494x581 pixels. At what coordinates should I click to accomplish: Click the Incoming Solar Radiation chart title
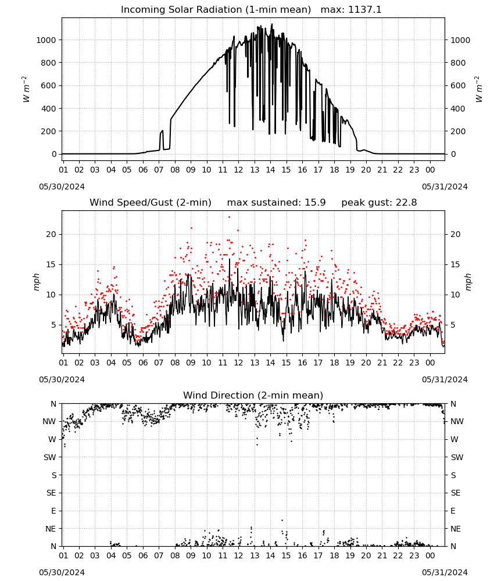(x=216, y=10)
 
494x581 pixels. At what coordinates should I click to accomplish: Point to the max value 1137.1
(x=364, y=10)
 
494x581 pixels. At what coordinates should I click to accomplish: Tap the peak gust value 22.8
(x=406, y=203)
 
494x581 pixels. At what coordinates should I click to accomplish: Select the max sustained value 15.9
(x=315, y=203)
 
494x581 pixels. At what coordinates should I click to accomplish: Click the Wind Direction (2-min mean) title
(x=253, y=395)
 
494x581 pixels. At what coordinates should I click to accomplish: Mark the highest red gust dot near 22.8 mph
(x=229, y=217)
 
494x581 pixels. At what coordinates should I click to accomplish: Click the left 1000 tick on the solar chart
(x=46, y=40)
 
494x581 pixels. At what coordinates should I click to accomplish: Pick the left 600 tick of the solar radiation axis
(x=49, y=85)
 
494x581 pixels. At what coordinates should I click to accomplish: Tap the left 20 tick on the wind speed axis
(x=51, y=234)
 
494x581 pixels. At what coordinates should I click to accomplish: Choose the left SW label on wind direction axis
(x=49, y=457)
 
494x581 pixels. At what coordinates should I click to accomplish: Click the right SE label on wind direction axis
(x=456, y=493)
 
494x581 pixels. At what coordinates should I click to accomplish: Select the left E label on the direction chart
(x=53, y=511)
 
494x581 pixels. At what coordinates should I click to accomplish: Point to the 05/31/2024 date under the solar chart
(x=445, y=187)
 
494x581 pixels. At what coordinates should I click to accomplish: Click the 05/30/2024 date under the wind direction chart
(x=62, y=572)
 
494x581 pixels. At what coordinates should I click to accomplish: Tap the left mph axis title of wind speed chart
(x=36, y=282)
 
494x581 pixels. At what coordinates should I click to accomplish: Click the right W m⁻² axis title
(x=478, y=89)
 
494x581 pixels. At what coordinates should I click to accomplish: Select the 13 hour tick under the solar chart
(x=255, y=170)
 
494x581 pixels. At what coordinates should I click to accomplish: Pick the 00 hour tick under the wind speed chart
(x=430, y=363)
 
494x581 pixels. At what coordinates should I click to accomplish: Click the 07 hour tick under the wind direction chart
(x=159, y=556)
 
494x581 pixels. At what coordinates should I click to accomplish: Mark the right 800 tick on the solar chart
(x=458, y=63)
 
